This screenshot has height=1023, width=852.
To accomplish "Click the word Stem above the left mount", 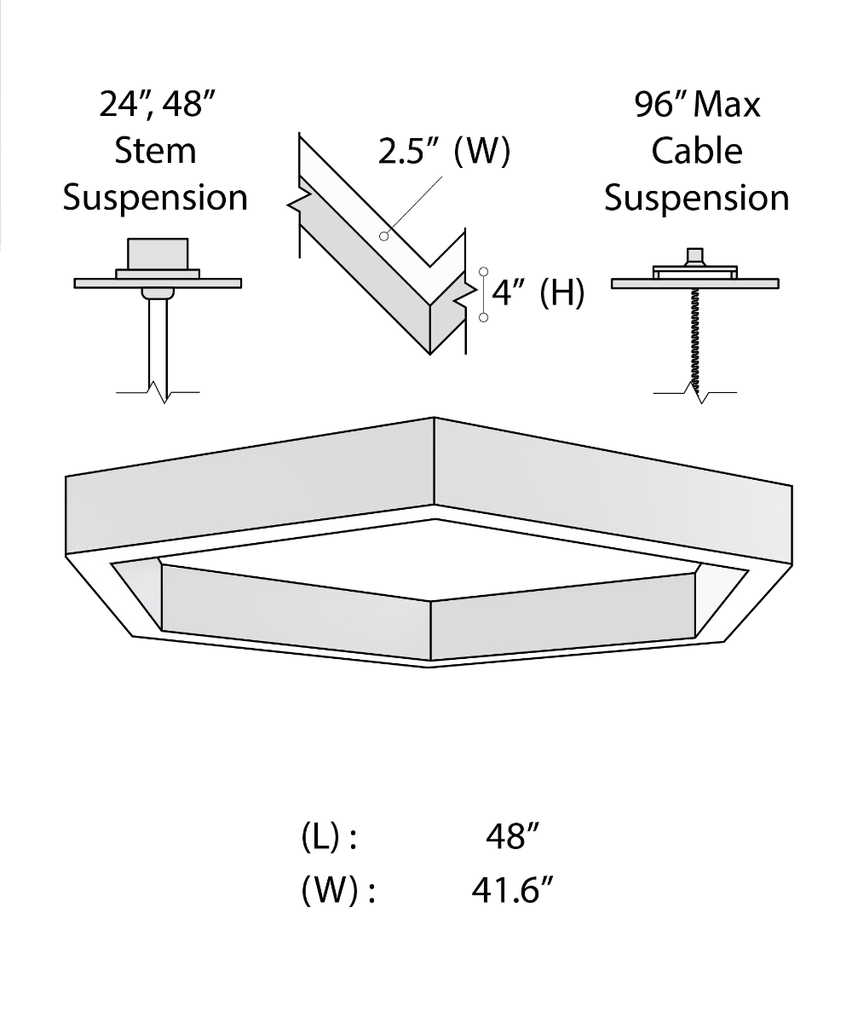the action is (x=155, y=151).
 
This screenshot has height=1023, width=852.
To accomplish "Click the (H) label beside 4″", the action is (x=561, y=293).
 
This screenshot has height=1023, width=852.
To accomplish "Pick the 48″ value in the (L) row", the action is (x=512, y=836).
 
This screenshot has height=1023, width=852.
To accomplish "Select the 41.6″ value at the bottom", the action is (x=512, y=890).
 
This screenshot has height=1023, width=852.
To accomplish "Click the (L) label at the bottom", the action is (x=320, y=837).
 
